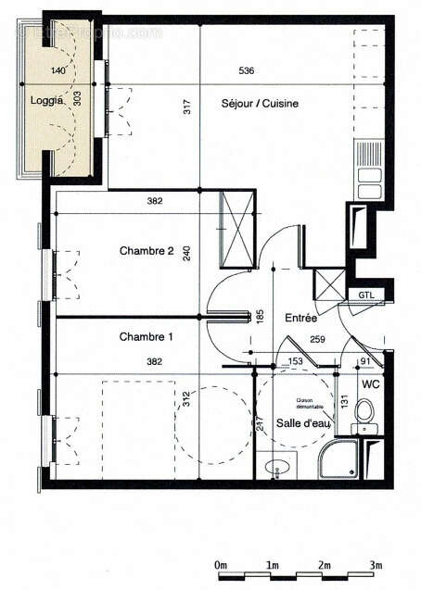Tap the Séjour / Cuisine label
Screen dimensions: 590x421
click(x=260, y=105)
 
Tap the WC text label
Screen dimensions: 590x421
click(x=370, y=382)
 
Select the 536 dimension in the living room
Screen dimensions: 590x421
click(x=245, y=70)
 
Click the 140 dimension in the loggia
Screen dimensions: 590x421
click(x=58, y=70)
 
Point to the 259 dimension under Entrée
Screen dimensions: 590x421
click(x=318, y=340)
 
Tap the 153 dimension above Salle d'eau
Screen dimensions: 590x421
click(x=295, y=361)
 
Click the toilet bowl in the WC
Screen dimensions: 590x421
click(x=365, y=410)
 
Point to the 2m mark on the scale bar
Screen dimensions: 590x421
click(x=325, y=564)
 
